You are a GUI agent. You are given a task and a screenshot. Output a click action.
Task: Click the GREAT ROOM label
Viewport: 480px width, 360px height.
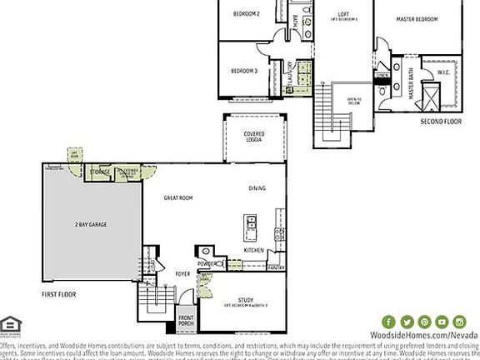178,197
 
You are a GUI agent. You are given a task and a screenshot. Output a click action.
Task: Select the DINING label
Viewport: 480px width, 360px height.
257,188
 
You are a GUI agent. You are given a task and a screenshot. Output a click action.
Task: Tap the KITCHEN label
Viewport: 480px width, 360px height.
254,250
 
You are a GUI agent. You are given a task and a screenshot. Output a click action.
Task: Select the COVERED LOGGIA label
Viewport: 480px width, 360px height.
254,137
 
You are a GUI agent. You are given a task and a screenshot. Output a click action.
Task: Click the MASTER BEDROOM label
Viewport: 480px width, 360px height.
417,18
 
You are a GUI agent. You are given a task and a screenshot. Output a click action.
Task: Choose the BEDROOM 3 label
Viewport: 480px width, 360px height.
243,71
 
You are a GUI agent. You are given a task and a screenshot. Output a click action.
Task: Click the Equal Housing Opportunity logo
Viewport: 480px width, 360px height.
11,323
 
